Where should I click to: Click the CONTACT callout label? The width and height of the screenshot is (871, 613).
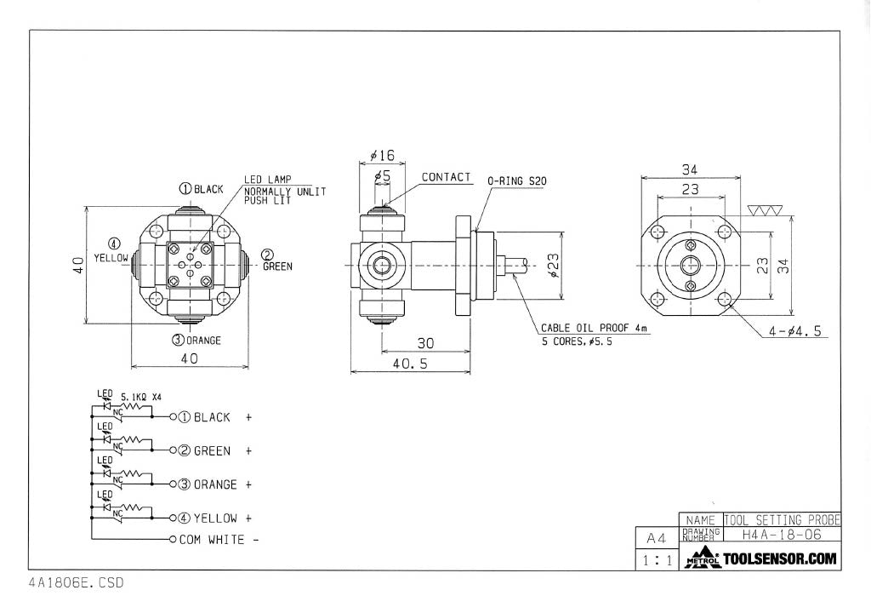pyautogui.click(x=446, y=177)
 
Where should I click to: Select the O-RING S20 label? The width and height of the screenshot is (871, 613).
pyautogui.click(x=515, y=181)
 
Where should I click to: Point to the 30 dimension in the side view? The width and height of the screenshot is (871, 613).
pyautogui.click(x=425, y=342)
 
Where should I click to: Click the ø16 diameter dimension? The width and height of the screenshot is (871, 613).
pyautogui.click(x=383, y=156)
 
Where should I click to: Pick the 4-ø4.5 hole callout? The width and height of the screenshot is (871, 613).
pyautogui.click(x=794, y=332)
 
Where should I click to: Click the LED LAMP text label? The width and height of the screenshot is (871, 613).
pyautogui.click(x=268, y=180)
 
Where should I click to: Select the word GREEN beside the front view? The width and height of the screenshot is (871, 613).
pyautogui.click(x=277, y=266)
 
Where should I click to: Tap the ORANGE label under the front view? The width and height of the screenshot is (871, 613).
pyautogui.click(x=203, y=341)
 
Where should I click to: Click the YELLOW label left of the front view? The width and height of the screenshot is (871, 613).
pyautogui.click(x=111, y=257)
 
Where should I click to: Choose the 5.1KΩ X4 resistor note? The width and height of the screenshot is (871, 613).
pyautogui.click(x=141, y=398)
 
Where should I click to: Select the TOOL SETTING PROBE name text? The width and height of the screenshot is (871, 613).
pyautogui.click(x=782, y=519)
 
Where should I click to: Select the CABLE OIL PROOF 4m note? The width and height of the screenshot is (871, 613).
pyautogui.click(x=595, y=328)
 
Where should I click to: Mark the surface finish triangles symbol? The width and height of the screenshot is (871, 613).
pyautogui.click(x=762, y=210)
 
